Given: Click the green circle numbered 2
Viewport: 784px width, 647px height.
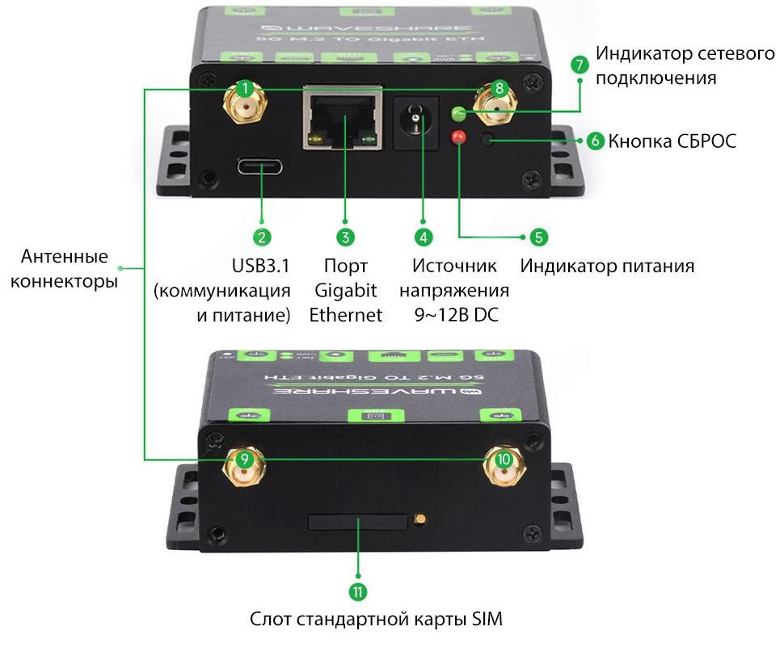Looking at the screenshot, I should coord(261,237).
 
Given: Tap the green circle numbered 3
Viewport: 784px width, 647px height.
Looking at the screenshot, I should coord(345,237).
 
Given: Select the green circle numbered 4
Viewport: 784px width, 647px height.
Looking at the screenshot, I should coord(424,237).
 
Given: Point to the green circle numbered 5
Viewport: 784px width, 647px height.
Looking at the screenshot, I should coord(538,237).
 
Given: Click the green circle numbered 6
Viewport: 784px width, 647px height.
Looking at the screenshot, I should coord(595,141).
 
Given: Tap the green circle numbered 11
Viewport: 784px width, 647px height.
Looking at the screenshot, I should coord(358,592).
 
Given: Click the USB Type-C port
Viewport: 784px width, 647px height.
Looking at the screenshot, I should coord(261,169).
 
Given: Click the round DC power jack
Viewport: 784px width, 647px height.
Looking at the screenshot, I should coord(415,122).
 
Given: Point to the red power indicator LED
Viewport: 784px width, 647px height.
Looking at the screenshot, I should coord(458,137).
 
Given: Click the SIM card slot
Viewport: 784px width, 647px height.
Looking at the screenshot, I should coord(357,522).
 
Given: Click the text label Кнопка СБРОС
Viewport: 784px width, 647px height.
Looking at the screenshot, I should coord(672,141).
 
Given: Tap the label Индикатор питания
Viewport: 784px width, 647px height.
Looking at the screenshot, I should coord(607,266).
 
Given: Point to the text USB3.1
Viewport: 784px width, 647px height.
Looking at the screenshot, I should coord(260,266).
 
